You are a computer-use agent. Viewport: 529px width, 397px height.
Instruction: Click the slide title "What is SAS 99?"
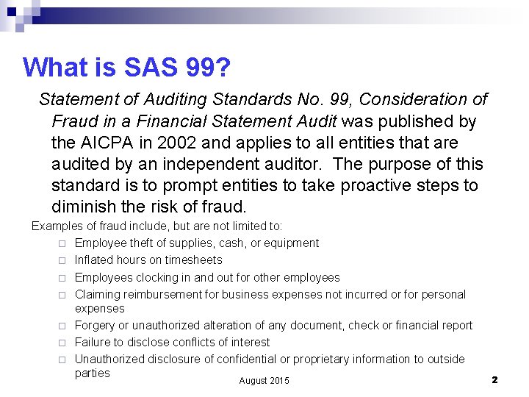(x=127, y=68)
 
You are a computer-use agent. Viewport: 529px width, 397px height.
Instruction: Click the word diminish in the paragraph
(x=83, y=206)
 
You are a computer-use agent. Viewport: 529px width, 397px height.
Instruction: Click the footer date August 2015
(x=264, y=380)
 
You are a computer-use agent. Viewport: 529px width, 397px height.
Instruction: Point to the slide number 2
(x=494, y=379)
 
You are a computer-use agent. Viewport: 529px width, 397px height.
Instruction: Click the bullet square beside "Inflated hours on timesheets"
(x=63, y=260)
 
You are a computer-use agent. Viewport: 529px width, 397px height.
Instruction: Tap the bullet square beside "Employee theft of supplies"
(x=63, y=243)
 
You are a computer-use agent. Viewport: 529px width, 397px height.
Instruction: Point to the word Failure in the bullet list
(x=93, y=342)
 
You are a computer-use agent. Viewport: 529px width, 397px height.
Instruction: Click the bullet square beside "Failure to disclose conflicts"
(x=63, y=343)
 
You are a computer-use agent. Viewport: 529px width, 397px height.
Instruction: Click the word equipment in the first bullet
(x=289, y=243)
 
